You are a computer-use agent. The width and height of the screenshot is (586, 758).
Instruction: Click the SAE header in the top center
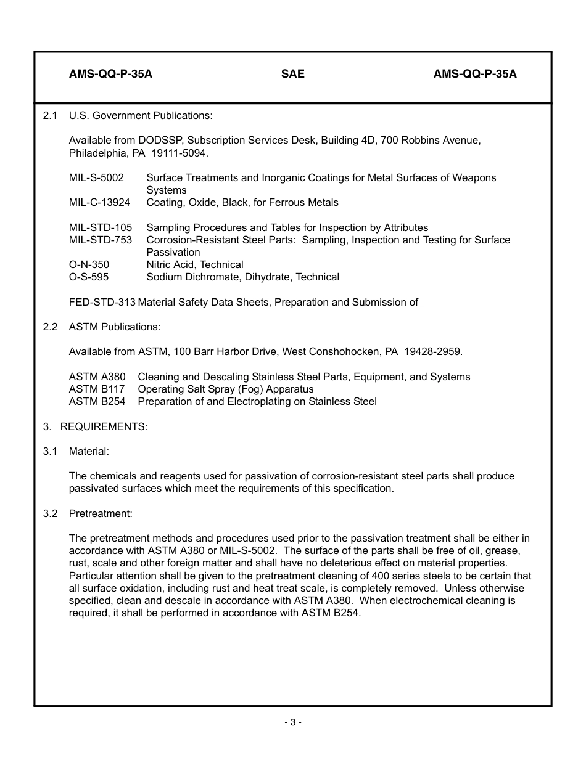click(x=292, y=74)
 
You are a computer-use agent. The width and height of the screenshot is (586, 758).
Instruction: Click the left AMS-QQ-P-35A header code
click(x=110, y=74)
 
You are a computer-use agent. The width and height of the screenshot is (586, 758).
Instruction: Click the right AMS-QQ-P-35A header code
click(x=475, y=74)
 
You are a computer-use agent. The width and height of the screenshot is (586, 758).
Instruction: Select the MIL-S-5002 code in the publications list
click(x=96, y=177)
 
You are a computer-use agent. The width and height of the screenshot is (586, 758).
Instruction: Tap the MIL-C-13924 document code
click(x=99, y=202)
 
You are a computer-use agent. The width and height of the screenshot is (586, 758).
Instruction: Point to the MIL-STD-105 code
click(x=101, y=227)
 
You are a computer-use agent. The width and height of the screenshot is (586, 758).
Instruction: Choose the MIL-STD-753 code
click(x=101, y=240)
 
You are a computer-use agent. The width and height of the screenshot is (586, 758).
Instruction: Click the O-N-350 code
click(x=89, y=264)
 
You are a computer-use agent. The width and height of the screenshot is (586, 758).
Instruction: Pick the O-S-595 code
click(x=88, y=277)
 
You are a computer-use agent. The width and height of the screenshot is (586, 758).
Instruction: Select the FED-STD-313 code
click(x=102, y=302)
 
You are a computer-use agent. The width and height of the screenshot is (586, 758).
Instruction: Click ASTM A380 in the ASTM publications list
click(x=97, y=377)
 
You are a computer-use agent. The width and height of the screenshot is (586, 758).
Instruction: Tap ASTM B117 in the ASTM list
click(x=96, y=389)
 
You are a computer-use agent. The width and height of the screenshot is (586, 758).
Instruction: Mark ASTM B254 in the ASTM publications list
click(x=97, y=401)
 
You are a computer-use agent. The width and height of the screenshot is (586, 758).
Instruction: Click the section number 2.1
click(x=50, y=115)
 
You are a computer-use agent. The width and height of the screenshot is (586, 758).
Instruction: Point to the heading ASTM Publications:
click(x=114, y=327)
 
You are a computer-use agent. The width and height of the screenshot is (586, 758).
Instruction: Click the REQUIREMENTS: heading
click(x=104, y=426)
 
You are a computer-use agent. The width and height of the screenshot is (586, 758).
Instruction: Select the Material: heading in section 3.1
click(x=89, y=451)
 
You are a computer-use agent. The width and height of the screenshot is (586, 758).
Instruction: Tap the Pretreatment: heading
click(x=101, y=513)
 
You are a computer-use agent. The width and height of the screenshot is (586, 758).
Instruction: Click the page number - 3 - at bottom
click(x=292, y=722)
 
